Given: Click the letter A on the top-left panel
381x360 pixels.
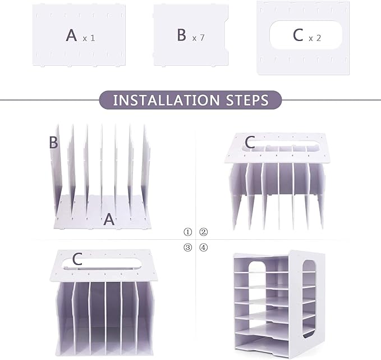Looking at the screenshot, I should pos(71,35).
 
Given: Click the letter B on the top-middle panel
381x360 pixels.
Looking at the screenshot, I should pos(181,35).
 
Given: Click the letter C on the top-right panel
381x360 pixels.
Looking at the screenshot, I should pos(297,35).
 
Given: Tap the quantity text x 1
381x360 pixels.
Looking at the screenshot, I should pos(89,38).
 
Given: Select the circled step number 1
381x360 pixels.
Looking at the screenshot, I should pos(188,231).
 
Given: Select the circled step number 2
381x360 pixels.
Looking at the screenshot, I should pos(204,231).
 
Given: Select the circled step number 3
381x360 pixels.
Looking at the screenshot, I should pos(188,247).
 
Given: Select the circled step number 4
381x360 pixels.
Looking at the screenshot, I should pos(204,247).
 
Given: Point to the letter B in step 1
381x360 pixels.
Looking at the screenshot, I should pos(53,143).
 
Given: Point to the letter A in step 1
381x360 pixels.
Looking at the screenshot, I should pos(109,220).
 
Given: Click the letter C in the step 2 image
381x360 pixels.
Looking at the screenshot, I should pos(250,143).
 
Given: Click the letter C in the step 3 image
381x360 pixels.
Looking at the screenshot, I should pos(77,259).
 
